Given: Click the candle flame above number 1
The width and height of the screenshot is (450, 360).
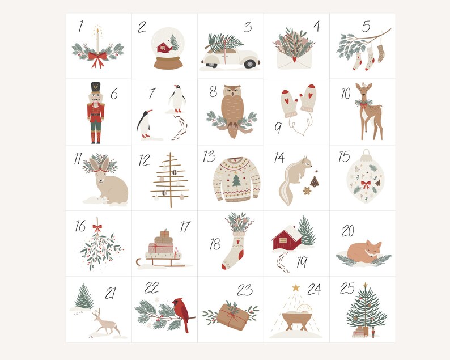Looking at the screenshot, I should (97, 28).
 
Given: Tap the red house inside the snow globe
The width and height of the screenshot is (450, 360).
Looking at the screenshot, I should (164, 47).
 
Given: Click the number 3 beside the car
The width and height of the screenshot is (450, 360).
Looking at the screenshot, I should (247, 27).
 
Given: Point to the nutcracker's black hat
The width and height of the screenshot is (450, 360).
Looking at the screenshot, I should (95, 88).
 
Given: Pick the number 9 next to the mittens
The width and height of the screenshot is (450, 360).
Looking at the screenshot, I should (278, 129).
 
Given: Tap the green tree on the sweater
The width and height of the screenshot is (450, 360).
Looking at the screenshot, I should (236, 181).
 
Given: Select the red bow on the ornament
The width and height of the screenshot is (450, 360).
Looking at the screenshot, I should (366, 184).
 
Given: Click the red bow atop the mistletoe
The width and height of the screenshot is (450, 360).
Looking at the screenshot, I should (97, 228).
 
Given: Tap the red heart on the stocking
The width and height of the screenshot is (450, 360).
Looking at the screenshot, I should (239, 240).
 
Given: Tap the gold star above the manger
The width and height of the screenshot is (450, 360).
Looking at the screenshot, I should (295, 287).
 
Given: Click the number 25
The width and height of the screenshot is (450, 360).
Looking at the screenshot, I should (347, 289).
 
